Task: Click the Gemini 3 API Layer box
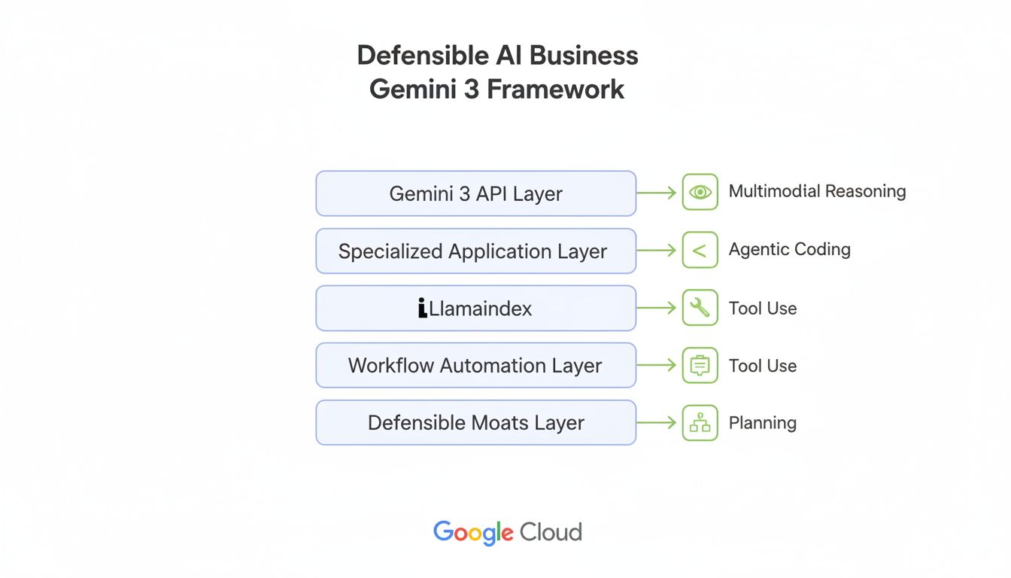[x=475, y=193]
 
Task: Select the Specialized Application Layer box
[x=475, y=251]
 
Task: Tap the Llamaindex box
[x=475, y=309]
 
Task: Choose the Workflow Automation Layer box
[x=475, y=366]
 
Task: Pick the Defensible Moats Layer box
[x=475, y=423]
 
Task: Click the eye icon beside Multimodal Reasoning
[x=700, y=193]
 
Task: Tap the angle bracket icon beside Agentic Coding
[x=700, y=251]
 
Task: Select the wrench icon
[x=700, y=308]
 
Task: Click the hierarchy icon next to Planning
[x=700, y=423]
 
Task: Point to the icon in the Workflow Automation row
[x=700, y=366]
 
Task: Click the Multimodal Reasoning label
[x=817, y=192]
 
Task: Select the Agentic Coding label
[x=789, y=250]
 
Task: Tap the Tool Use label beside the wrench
[x=762, y=309]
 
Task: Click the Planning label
[x=762, y=423]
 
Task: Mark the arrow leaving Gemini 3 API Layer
[x=657, y=193]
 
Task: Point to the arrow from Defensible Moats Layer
[x=657, y=423]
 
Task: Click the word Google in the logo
[x=473, y=533]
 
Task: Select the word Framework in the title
[x=555, y=90]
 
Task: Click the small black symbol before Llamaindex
[x=423, y=308]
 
